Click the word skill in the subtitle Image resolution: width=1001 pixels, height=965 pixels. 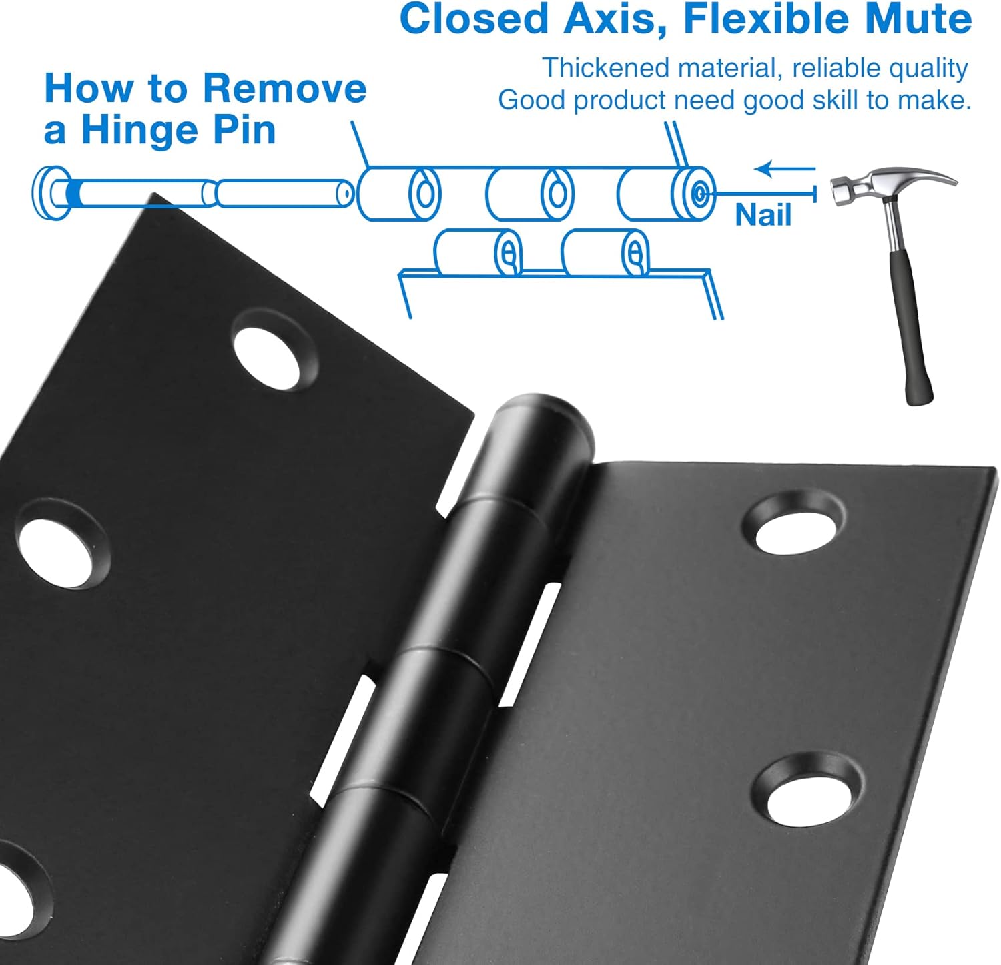[x=837, y=100]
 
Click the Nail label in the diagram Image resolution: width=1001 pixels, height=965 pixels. [x=763, y=215]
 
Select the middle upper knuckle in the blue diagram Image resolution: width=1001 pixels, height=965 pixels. [x=530, y=194]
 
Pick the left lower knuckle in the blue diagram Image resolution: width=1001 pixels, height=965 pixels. [x=478, y=252]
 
